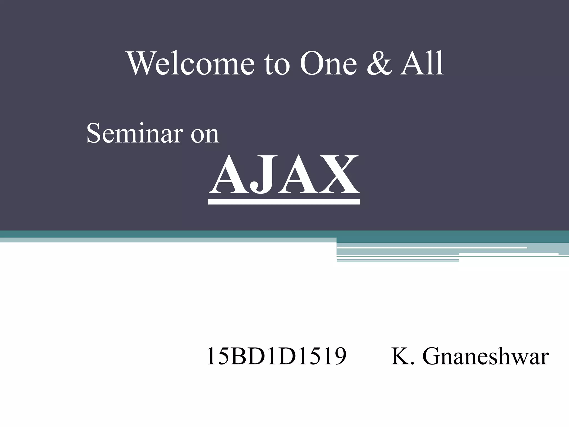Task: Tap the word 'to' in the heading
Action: tap(277, 64)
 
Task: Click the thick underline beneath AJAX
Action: tap(284, 202)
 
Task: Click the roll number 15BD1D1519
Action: tap(276, 356)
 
